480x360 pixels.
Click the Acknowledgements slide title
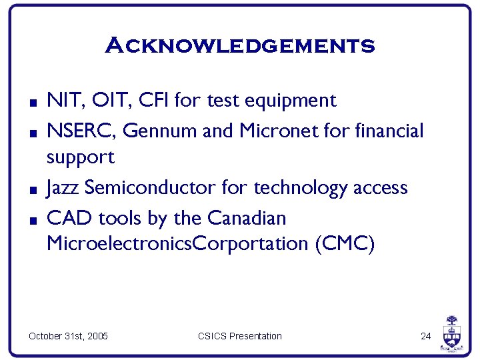pos(240,46)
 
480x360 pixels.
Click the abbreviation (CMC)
pos(344,244)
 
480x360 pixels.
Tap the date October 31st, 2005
pos(68,336)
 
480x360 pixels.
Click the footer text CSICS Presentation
pos(240,336)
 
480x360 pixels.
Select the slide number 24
pos(426,336)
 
